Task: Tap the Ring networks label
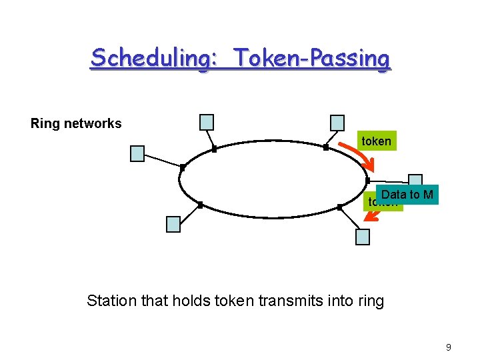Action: pyautogui.click(x=76, y=123)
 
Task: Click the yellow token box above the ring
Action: pyautogui.click(x=376, y=141)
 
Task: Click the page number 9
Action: pyautogui.click(x=449, y=347)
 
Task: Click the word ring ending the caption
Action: pyautogui.click(x=370, y=301)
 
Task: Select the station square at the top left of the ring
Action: pyautogui.click(x=207, y=122)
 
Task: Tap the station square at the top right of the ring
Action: pyautogui.click(x=338, y=123)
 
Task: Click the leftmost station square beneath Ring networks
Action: pyautogui.click(x=137, y=154)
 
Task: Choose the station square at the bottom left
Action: pyautogui.click(x=173, y=224)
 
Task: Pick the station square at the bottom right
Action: pyautogui.click(x=363, y=237)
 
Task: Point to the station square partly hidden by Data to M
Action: pyautogui.click(x=416, y=181)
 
